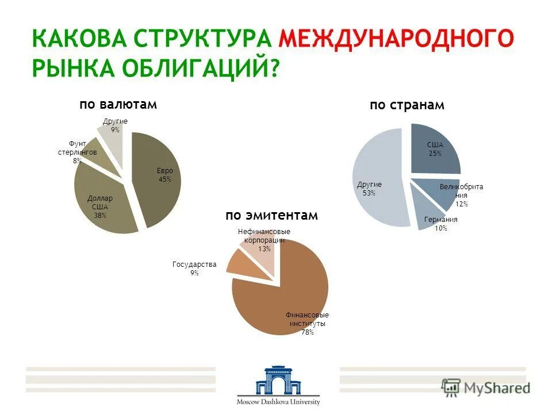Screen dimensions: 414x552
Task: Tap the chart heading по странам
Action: pyautogui.click(x=407, y=105)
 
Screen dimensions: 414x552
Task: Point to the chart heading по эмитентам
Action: pyautogui.click(x=271, y=215)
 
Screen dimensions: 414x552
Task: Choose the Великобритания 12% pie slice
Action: pyautogui.click(x=437, y=193)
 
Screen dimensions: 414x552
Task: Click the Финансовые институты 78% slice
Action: pyautogui.click(x=282, y=305)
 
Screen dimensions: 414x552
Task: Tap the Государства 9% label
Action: pyautogui.click(x=194, y=269)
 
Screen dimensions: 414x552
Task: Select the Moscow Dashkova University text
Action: pyautogui.click(x=278, y=402)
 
